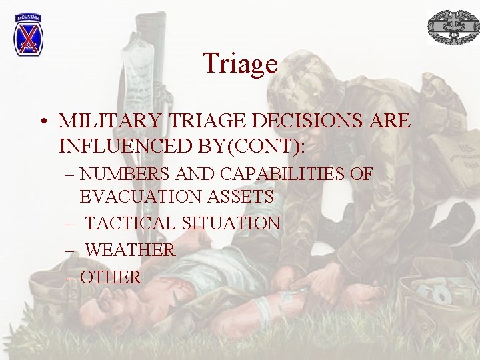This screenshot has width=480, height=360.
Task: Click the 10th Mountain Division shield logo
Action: pos(29,34)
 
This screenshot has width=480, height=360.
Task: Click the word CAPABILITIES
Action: pos(281,175)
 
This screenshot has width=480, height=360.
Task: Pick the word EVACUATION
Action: pos(138,197)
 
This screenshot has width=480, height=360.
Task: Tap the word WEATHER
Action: pos(131,250)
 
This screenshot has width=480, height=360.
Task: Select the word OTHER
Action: pos(111,277)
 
